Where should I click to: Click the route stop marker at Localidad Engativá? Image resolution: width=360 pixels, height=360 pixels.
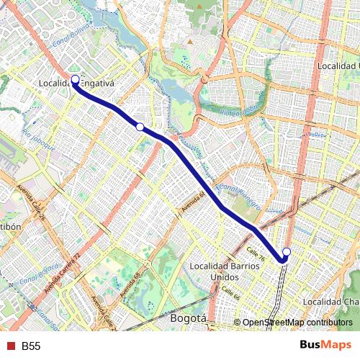click(x=75, y=79)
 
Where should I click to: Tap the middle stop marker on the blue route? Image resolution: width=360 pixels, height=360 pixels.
click(x=140, y=127)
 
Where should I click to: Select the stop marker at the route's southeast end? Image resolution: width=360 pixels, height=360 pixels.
click(x=286, y=252)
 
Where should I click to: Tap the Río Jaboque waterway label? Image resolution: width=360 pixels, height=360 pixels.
click(x=38, y=139)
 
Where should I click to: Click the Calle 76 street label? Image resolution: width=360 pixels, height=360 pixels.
click(x=256, y=253)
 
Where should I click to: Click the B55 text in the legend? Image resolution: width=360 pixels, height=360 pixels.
click(x=31, y=346)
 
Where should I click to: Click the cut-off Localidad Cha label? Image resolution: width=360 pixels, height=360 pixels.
click(x=331, y=301)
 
